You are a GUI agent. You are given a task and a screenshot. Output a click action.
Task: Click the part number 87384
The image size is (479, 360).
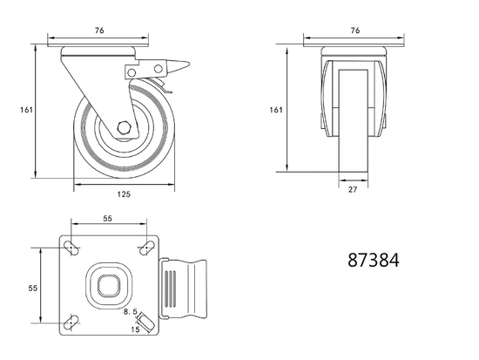tap(374, 260)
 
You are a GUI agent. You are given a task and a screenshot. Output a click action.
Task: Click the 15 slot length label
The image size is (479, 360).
tap(135, 329)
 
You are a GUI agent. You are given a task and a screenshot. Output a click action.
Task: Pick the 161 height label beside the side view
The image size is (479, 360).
tap(25, 110)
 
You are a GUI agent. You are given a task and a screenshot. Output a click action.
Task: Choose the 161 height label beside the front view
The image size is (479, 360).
tap(277, 110)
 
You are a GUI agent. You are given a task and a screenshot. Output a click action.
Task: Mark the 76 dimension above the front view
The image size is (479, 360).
tap(354, 31)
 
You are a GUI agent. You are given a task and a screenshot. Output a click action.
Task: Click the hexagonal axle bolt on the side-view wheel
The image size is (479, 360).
tap(124, 130)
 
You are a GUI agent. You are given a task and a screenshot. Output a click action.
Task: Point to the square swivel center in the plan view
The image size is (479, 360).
tap(110, 285)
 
